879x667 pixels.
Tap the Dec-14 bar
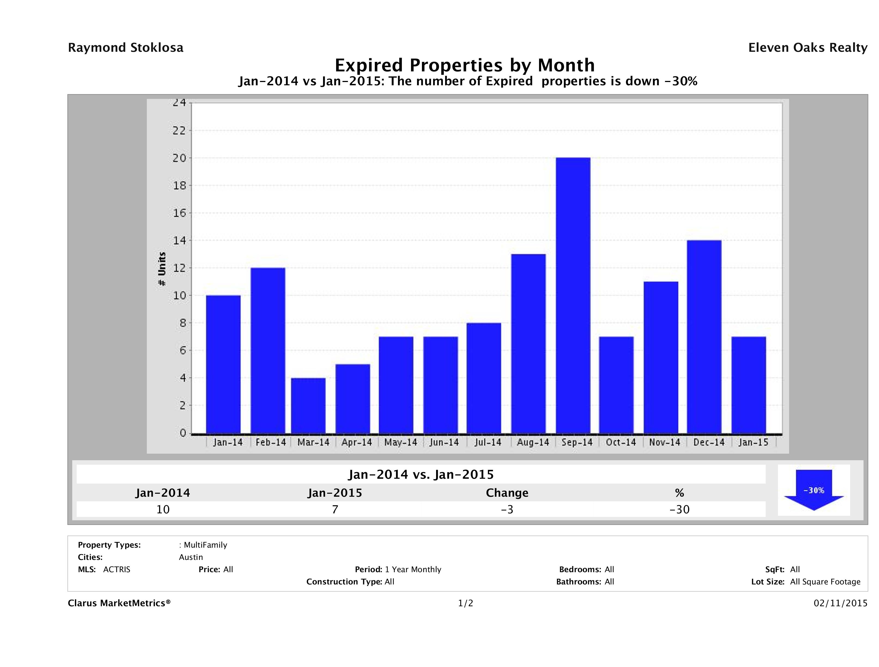[x=704, y=337]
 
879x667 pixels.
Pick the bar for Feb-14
[x=267, y=351]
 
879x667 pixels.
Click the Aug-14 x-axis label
[x=533, y=442]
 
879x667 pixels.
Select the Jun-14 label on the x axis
[x=444, y=442]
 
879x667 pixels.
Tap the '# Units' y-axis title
[x=162, y=269]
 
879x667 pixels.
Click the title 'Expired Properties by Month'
[x=464, y=65]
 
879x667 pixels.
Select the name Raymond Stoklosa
[x=126, y=48]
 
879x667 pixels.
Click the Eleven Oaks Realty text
[x=807, y=48]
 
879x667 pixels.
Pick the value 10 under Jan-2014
[x=163, y=509]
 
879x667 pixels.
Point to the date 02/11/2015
[x=840, y=604]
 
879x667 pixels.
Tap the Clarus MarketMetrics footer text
[x=119, y=604]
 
